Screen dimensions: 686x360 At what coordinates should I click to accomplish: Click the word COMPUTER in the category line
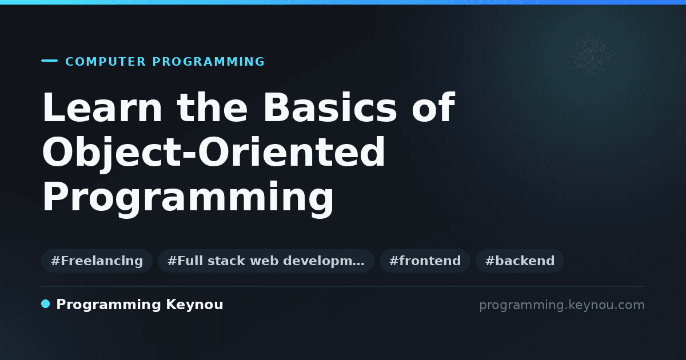[105, 62]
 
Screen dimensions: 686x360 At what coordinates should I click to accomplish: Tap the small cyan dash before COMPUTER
[49, 61]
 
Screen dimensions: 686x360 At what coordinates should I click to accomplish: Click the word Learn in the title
[102, 107]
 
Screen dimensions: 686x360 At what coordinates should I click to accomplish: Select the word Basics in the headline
[330, 107]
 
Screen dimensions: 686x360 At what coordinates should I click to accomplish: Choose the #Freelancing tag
[97, 261]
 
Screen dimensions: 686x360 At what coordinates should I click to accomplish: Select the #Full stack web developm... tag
[266, 261]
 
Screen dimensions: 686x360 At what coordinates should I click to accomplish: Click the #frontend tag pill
[425, 261]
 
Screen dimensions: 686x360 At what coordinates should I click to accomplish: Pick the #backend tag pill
[520, 261]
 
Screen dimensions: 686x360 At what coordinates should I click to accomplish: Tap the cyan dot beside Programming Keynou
[46, 304]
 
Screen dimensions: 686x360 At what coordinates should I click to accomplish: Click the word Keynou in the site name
[194, 305]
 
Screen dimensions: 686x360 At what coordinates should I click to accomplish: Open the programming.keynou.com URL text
[562, 305]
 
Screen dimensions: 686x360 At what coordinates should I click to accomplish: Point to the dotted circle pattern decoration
[591, 57]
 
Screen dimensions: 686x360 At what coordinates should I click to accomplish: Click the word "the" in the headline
[212, 107]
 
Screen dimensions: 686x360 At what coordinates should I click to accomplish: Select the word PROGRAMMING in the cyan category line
[208, 62]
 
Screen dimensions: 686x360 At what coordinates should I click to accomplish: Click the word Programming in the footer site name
[109, 305]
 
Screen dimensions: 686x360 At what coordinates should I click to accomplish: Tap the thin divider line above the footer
[344, 286]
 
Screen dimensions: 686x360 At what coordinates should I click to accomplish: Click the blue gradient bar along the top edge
[343, 2]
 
